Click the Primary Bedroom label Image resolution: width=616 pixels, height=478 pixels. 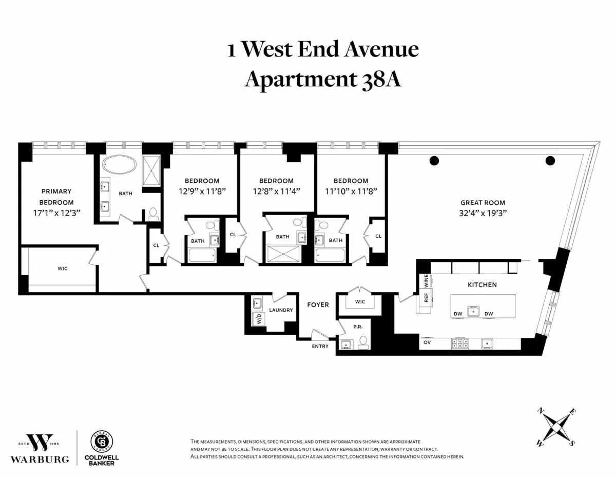56,197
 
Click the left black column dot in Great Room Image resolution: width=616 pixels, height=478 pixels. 434,161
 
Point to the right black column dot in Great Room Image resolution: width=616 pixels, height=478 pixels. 550,161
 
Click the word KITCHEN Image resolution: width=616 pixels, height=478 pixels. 482,284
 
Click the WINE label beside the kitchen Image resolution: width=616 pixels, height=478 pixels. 426,281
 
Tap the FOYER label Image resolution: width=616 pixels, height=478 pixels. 318,304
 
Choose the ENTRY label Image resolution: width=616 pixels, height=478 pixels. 320,347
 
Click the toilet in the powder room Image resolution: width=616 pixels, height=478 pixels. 363,342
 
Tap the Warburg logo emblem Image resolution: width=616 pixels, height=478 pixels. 41,443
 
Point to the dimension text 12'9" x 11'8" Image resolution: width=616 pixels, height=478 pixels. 202,190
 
